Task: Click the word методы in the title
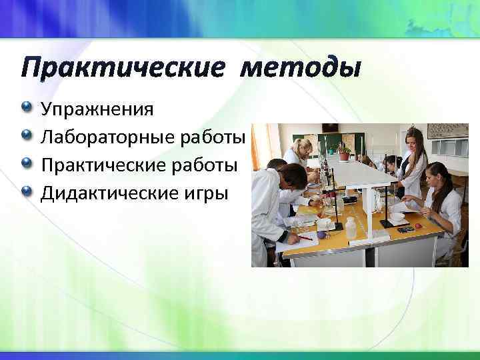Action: click(x=301, y=68)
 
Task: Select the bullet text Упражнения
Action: click(x=97, y=109)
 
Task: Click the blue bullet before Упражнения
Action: click(x=26, y=107)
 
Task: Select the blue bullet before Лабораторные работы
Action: click(x=26, y=136)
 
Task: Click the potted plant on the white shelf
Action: click(x=344, y=153)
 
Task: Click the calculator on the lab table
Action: click(x=405, y=229)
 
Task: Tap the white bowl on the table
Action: click(x=398, y=217)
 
